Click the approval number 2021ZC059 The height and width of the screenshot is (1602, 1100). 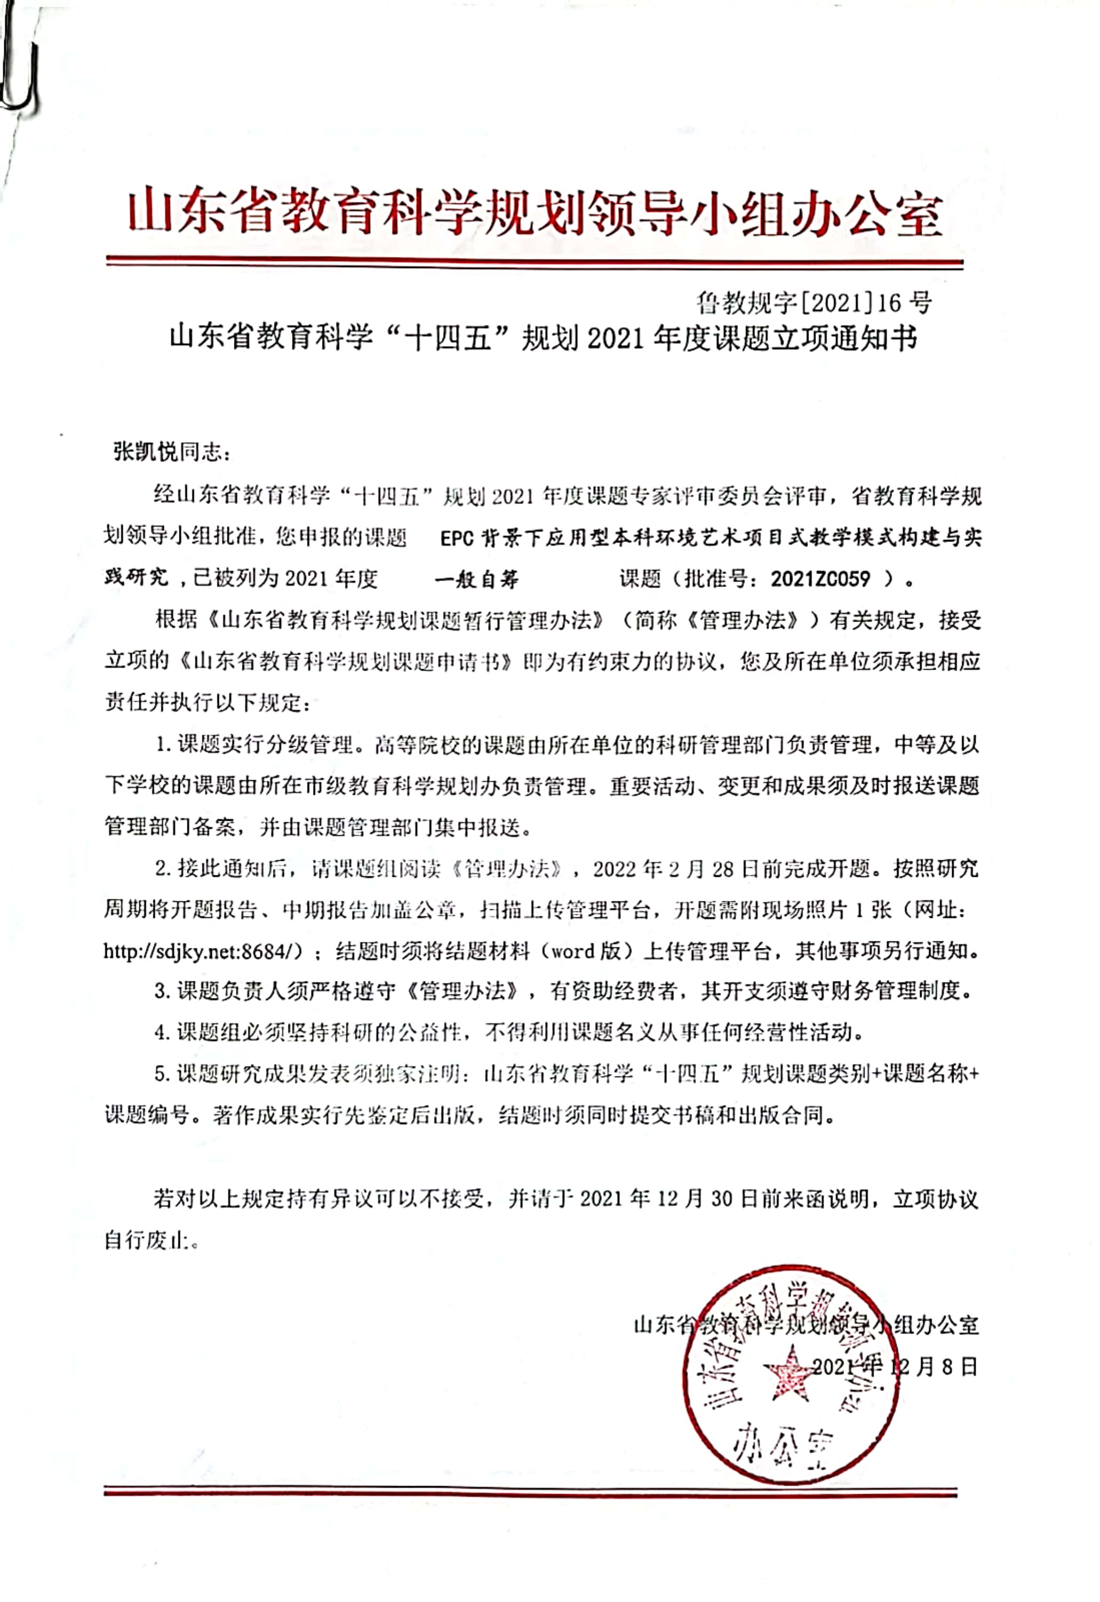pos(820,578)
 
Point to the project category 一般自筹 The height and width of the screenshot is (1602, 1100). pos(477,579)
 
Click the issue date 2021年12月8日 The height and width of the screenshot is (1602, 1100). pos(894,1367)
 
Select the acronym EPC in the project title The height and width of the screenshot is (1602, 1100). pos(456,538)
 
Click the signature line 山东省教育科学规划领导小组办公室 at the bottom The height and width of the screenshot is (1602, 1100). pos(806,1325)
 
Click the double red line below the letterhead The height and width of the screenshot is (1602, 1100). pos(534,263)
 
